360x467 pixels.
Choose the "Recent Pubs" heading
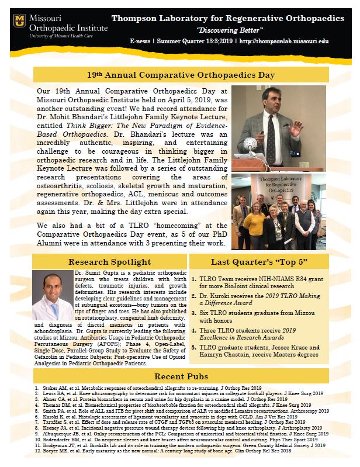tap(180, 375)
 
